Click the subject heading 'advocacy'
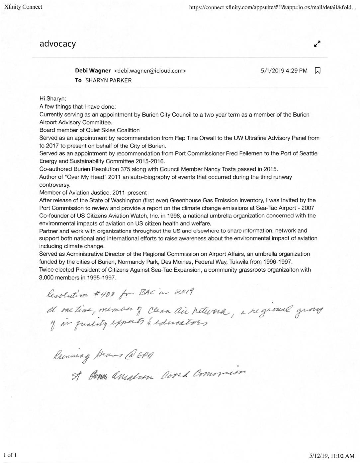tap(58, 44)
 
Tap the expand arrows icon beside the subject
tap(317, 44)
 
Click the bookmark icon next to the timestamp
tap(317, 70)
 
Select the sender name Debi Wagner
tap(93, 70)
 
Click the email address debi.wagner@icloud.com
tap(150, 70)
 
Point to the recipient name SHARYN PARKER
tap(109, 80)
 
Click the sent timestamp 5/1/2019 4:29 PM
tap(284, 70)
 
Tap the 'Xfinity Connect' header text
tap(23, 7)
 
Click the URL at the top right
tap(272, 7)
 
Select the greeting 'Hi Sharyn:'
tap(53, 99)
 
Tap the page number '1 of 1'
tap(10, 455)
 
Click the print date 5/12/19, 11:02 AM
tap(332, 456)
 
